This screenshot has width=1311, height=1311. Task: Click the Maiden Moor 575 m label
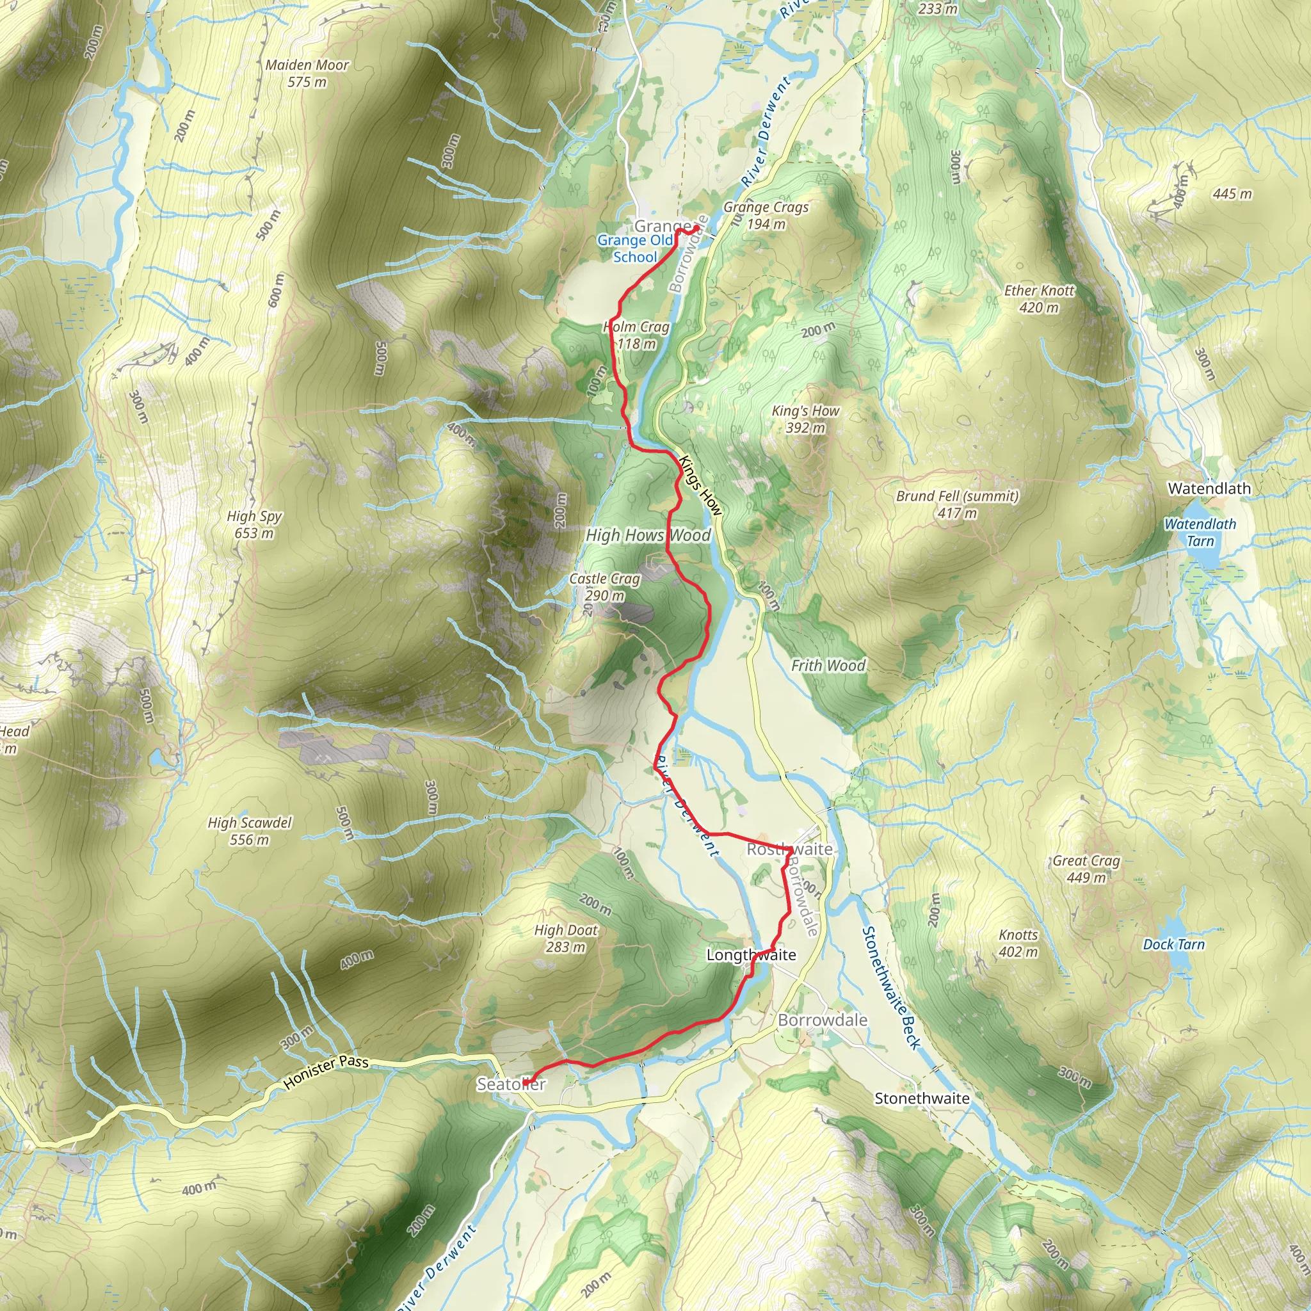pos(307,73)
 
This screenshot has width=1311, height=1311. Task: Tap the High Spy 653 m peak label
pos(255,524)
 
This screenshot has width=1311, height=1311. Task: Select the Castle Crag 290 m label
pos(604,587)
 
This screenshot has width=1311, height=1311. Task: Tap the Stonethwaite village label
pos(922,1098)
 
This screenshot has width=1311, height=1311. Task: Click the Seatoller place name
pos(510,1084)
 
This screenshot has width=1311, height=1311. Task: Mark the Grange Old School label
pos(635,248)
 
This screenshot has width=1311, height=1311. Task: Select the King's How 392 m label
pos(805,419)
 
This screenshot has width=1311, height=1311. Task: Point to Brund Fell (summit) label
pos(957,504)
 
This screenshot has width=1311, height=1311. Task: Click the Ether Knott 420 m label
pos(1039,298)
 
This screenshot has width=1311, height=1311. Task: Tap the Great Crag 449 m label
pos(1086,869)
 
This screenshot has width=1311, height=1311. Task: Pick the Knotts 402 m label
pos(1018,943)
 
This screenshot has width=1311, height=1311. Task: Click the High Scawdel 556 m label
pos(250,830)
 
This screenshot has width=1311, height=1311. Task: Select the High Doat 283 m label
pos(566,938)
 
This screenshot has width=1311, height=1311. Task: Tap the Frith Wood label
pos(828,666)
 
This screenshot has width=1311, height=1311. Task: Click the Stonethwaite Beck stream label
pos(890,987)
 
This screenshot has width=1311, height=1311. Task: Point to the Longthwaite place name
pos(751,954)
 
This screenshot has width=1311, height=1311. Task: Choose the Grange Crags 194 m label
pos(766,215)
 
